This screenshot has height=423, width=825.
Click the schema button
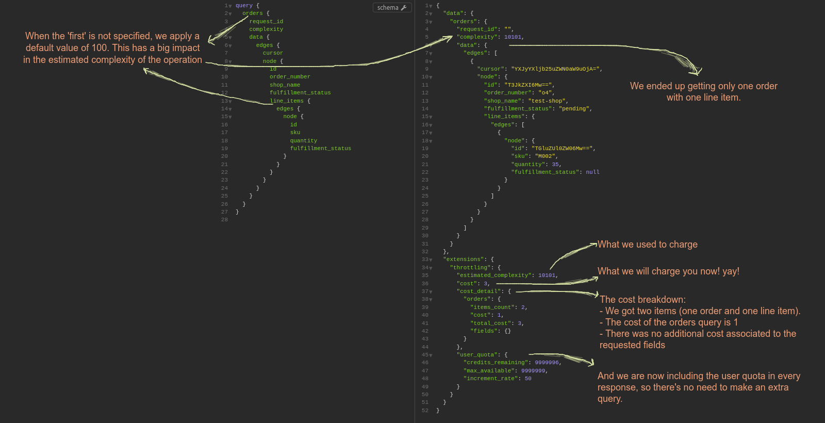392,8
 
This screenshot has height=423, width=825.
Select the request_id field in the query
266,22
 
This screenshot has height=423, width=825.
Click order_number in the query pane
290,77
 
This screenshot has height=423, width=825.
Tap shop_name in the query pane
285,85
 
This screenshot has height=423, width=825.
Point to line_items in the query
287,101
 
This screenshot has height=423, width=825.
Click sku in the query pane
295,133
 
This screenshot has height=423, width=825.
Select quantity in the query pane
303,141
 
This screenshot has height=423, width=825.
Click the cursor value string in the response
555,69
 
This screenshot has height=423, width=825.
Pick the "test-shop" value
548,101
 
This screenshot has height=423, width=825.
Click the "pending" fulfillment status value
574,109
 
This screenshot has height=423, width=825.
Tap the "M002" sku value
546,156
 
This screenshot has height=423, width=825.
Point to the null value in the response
592,172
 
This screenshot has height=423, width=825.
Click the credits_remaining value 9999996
547,363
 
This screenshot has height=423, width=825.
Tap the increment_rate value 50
528,379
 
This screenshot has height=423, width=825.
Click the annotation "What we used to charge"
647,245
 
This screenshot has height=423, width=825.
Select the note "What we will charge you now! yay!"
668,271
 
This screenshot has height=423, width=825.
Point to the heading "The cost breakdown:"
642,300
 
